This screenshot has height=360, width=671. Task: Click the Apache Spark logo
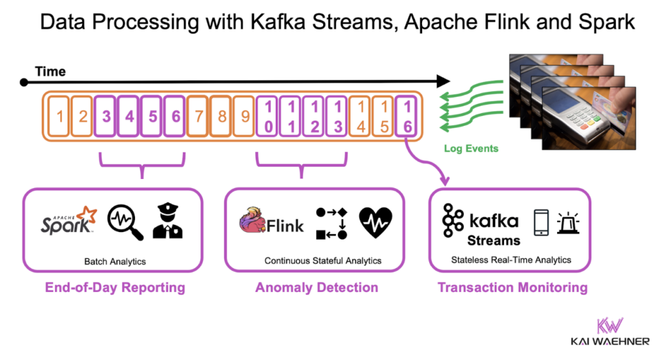pyautogui.click(x=68, y=222)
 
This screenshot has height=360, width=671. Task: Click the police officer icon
pyautogui.click(x=168, y=222)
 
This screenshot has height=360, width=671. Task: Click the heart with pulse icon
pyautogui.click(x=375, y=222)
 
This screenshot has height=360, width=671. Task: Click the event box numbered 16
pyautogui.click(x=407, y=117)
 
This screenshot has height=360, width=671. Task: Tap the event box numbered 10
pyautogui.click(x=268, y=117)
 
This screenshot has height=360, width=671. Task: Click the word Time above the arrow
pyautogui.click(x=50, y=71)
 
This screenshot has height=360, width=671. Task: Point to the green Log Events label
pyautogui.click(x=470, y=148)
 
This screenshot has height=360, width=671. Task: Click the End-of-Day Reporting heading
pyautogui.click(x=115, y=288)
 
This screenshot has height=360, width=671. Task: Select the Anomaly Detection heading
pyautogui.click(x=316, y=288)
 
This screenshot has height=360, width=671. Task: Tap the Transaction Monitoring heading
pyautogui.click(x=512, y=288)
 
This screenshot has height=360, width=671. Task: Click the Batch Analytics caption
pyautogui.click(x=115, y=261)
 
